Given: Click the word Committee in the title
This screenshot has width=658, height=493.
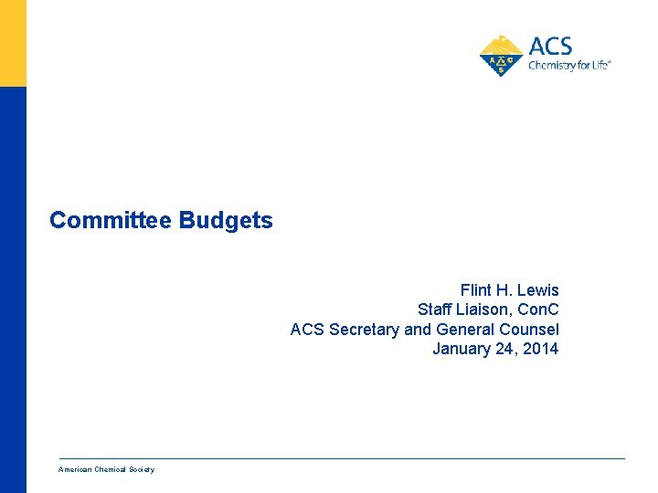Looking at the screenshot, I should click(x=111, y=221).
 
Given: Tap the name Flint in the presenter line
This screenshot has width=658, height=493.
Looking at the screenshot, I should click(x=477, y=290).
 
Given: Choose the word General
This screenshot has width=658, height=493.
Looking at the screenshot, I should click(x=465, y=330).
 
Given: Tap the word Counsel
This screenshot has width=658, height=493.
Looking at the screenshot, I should click(x=529, y=330).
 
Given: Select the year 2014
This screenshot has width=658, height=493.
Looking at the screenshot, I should click(x=541, y=349).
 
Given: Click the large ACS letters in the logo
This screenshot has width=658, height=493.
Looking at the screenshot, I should click(x=550, y=46).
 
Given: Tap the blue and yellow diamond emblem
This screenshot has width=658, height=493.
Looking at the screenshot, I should click(x=502, y=56).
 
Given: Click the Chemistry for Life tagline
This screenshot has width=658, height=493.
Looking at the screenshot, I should click(x=568, y=66).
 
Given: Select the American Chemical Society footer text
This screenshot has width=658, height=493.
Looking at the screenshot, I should click(x=106, y=469).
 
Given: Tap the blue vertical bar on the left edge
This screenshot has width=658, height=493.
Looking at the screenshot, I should click(x=13, y=292).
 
